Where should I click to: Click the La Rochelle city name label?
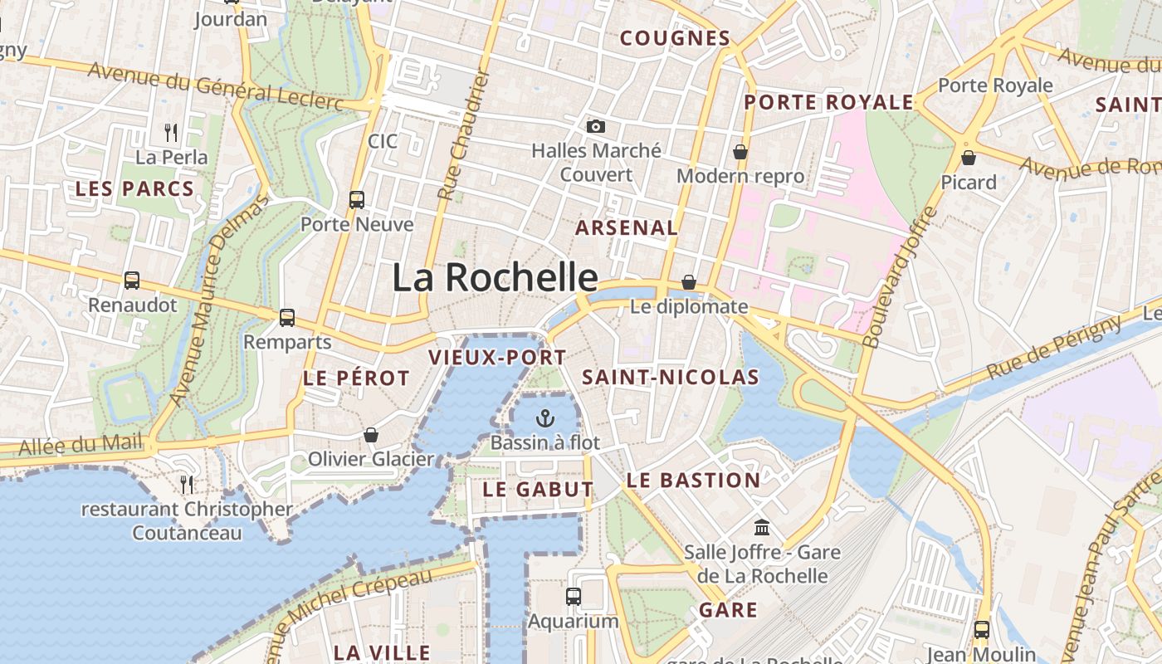point(495,277)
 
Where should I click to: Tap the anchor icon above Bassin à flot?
point(544,417)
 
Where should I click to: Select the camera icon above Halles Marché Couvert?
point(595,126)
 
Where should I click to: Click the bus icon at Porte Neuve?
point(357,199)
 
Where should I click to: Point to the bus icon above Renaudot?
point(132,281)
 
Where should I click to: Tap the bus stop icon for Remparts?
point(287,317)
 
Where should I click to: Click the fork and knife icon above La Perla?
point(171,131)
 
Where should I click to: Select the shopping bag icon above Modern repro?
point(740,152)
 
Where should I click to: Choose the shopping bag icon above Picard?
point(968,157)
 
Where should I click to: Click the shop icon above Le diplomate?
point(688,282)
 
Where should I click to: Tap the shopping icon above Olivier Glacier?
point(371,435)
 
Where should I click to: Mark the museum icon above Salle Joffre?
point(762,527)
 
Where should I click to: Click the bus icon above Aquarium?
point(573,596)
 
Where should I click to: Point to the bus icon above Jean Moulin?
point(982,629)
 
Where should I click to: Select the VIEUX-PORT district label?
point(497,358)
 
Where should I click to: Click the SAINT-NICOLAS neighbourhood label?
point(670,378)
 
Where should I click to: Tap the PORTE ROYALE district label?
point(828,102)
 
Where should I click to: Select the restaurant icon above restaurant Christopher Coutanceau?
point(187,483)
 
